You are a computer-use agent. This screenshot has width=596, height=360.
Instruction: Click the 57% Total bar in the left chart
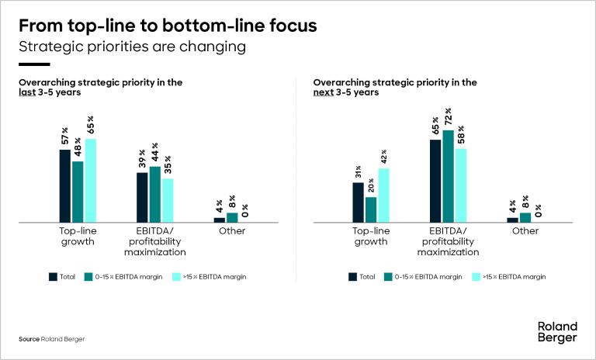coord(65,185)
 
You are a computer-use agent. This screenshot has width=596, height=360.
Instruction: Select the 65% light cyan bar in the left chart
coord(91,180)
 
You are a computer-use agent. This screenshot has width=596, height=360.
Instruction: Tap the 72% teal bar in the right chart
coord(448,176)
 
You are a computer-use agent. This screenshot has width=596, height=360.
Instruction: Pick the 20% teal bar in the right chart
coord(371,209)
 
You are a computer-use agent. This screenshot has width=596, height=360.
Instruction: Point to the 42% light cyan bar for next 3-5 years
coord(383,195)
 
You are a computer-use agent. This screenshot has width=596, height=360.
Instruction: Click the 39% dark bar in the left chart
coord(142,197)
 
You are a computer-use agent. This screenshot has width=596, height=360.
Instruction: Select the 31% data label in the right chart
coord(358,172)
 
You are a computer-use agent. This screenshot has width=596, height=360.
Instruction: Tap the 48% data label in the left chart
coord(78,148)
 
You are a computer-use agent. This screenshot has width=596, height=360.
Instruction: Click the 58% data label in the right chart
coord(461,134)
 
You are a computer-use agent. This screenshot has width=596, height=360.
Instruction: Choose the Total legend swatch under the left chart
coord(53,276)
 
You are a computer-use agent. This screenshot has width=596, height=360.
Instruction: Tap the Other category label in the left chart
coord(232,230)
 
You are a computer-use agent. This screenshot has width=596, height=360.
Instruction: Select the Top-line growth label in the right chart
coord(370,236)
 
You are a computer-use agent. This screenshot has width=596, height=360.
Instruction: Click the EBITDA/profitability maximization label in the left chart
coord(155,241)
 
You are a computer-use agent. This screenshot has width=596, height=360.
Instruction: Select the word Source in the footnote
coord(29,339)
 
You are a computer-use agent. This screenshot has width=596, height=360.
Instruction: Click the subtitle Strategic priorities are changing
coord(132,47)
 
